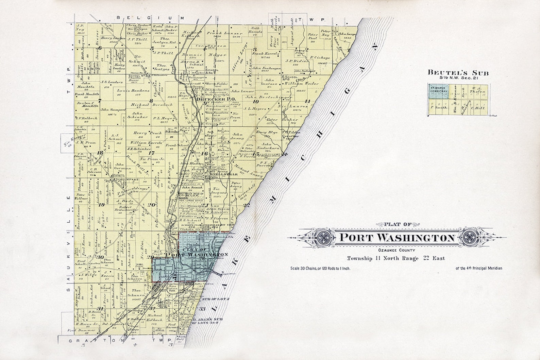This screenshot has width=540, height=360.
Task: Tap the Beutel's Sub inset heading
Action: [458, 73]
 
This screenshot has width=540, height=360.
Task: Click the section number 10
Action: [256, 101]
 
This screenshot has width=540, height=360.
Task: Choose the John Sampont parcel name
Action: [113, 109]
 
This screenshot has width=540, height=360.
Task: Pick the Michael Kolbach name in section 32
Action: [155, 318]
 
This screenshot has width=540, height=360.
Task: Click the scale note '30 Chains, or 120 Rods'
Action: [320, 268]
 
